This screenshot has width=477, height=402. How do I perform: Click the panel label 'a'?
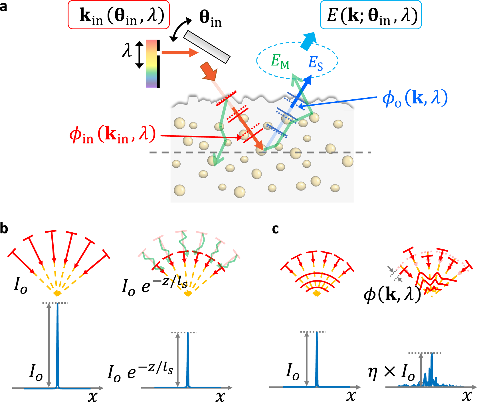click(3, 6)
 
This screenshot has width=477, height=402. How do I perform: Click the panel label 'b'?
click(4, 228)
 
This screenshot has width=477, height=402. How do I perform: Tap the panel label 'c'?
click(275, 229)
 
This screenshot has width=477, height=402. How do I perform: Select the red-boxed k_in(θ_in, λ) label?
click(119, 15)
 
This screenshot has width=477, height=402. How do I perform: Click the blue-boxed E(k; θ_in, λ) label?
click(371, 15)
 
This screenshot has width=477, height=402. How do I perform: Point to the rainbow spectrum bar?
click(151, 63)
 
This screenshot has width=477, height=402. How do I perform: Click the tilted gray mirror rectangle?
click(206, 47)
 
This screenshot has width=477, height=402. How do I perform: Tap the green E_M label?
click(280, 61)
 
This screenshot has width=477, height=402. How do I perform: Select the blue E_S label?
click(316, 63)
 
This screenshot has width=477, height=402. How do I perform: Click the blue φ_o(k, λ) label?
click(415, 99)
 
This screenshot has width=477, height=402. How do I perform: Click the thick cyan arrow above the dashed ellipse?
click(308, 41)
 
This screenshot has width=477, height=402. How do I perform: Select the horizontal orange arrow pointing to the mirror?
click(180, 53)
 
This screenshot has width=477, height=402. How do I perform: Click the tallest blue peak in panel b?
click(58, 342)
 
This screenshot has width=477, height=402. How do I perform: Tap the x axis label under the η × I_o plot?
click(467, 395)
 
